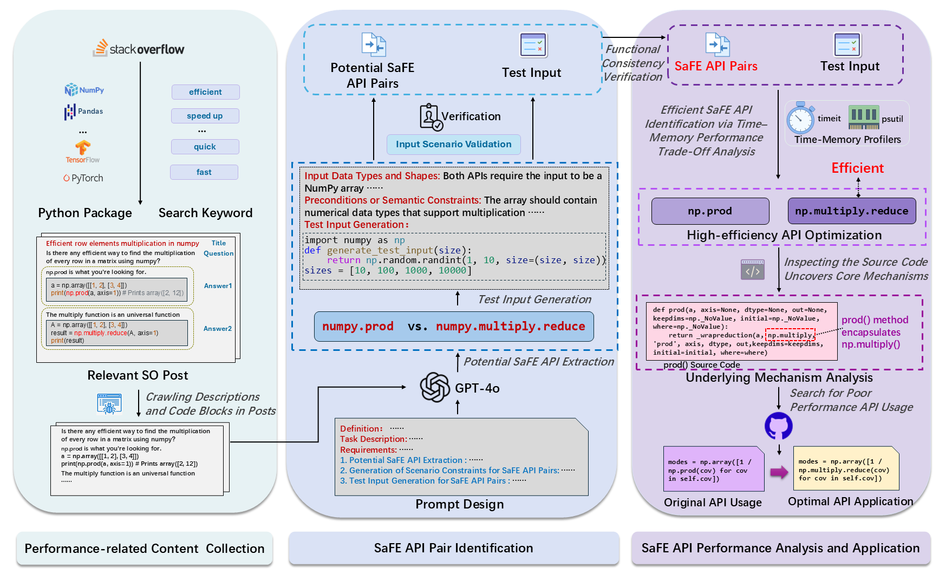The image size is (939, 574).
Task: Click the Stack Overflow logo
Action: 139,49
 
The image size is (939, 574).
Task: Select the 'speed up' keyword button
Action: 205,116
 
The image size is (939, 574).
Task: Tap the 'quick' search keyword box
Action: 205,147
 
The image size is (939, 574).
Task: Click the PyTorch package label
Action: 83,178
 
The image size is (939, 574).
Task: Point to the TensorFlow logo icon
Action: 83,147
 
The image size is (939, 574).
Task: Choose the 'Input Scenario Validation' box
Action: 453,145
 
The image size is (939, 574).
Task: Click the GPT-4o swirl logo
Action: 435,388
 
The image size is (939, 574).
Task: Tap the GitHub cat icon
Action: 778,426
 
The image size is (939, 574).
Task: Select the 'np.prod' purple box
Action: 710,211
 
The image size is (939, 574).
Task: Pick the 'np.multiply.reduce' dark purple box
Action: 851,211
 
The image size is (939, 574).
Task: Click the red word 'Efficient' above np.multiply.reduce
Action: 857,168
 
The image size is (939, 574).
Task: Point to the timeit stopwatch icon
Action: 800,119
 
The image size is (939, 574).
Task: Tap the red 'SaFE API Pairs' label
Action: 716,66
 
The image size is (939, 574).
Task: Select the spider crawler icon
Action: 109,404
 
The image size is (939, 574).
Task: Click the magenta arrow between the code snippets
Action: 779,472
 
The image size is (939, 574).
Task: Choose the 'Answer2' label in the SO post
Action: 218,329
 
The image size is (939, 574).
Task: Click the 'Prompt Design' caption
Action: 459,504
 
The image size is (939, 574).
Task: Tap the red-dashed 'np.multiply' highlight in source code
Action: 790,335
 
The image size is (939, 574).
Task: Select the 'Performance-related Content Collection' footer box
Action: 145,549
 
